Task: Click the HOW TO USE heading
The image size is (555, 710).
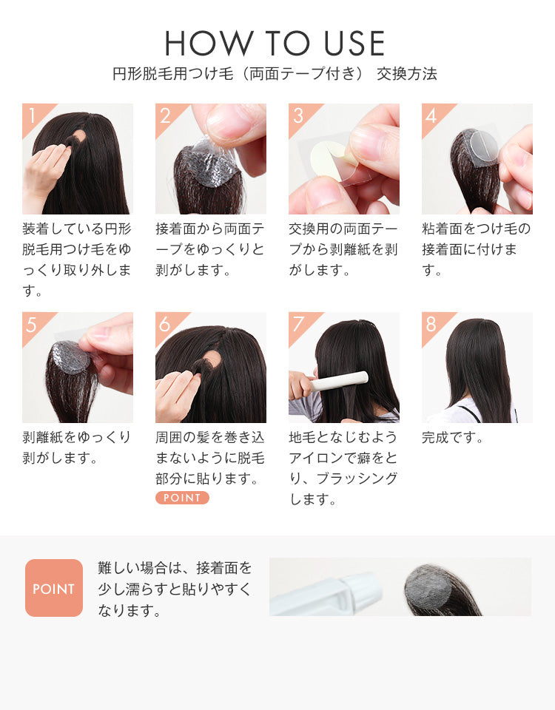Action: pyautogui.click(x=275, y=44)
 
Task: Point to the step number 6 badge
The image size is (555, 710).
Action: pyautogui.click(x=165, y=324)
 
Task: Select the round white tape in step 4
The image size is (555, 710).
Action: pyautogui.click(x=480, y=143)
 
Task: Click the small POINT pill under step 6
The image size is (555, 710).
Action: pyautogui.click(x=182, y=498)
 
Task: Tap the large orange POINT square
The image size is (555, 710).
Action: pyautogui.click(x=53, y=588)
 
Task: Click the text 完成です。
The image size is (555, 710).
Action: pyautogui.click(x=453, y=438)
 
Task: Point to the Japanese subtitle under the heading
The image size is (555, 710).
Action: pyautogui.click(x=275, y=74)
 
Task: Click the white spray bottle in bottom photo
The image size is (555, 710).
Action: pyautogui.click(x=326, y=592)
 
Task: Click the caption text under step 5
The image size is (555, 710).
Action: pyautogui.click(x=77, y=447)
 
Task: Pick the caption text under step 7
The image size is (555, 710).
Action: pyautogui.click(x=343, y=468)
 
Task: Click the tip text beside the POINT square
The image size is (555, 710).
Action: pyautogui.click(x=175, y=589)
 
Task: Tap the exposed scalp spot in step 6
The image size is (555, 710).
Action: pyautogui.click(x=212, y=359)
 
